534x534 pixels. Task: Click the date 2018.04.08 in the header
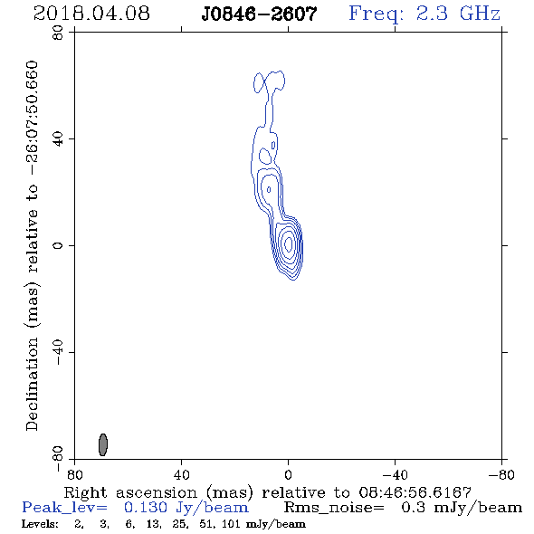(91, 14)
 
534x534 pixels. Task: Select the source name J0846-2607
(259, 14)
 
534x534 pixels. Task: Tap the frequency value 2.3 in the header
(432, 14)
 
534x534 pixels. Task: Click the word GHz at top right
(480, 14)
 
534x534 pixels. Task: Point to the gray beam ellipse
(103, 444)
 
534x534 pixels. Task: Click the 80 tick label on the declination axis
(58, 33)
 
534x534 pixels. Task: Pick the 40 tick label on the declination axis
(58, 139)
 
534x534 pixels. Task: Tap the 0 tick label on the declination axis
(58, 245)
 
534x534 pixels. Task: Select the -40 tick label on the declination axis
(58, 352)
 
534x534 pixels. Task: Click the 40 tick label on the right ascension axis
(181, 474)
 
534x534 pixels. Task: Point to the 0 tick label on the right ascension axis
(288, 474)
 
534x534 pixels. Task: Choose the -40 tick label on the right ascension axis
(395, 474)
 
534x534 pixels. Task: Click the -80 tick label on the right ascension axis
(501, 474)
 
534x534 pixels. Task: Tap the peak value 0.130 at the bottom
(146, 508)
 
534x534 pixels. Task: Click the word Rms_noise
(334, 508)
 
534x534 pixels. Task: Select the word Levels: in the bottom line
(40, 524)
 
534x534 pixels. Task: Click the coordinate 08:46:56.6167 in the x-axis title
(415, 492)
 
